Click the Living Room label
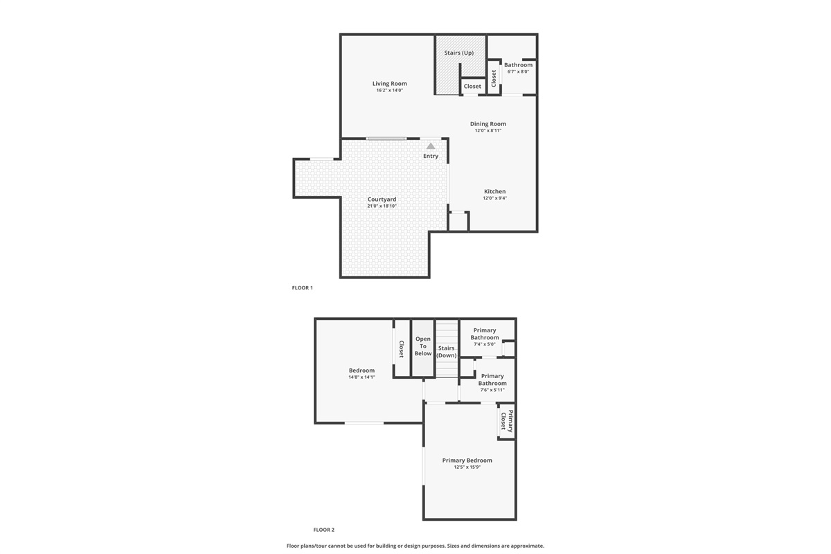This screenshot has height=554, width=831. pos(389,84)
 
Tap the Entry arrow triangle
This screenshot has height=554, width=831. pos(430,146)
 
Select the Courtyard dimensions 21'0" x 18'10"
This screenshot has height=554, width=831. pos(382,206)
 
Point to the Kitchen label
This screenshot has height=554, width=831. pos(495,191)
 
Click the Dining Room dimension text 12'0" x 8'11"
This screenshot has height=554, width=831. pos(488,131)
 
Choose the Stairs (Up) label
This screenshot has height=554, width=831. pos(459,53)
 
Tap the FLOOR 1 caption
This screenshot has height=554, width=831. pos(303,287)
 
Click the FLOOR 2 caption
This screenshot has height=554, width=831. pos(324,530)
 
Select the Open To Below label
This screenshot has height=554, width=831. pos(423,346)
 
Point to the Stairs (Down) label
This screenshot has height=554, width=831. pos(446,352)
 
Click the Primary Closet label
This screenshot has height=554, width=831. pos(507,421)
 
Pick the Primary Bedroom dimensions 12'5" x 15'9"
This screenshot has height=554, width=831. pos(467,467)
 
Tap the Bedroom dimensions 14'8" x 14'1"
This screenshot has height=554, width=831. pos(361,377)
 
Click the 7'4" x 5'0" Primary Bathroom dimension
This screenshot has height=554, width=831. pos(485,344)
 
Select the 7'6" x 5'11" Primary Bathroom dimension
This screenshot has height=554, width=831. pos(492,390)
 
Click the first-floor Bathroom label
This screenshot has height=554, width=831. pos(518,65)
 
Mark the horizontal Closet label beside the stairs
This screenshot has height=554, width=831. pos(472,86)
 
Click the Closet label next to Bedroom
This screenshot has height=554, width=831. pos(402,349)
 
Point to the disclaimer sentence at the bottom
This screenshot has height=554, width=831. pos(415,546)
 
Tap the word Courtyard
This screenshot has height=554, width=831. pos(382,199)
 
